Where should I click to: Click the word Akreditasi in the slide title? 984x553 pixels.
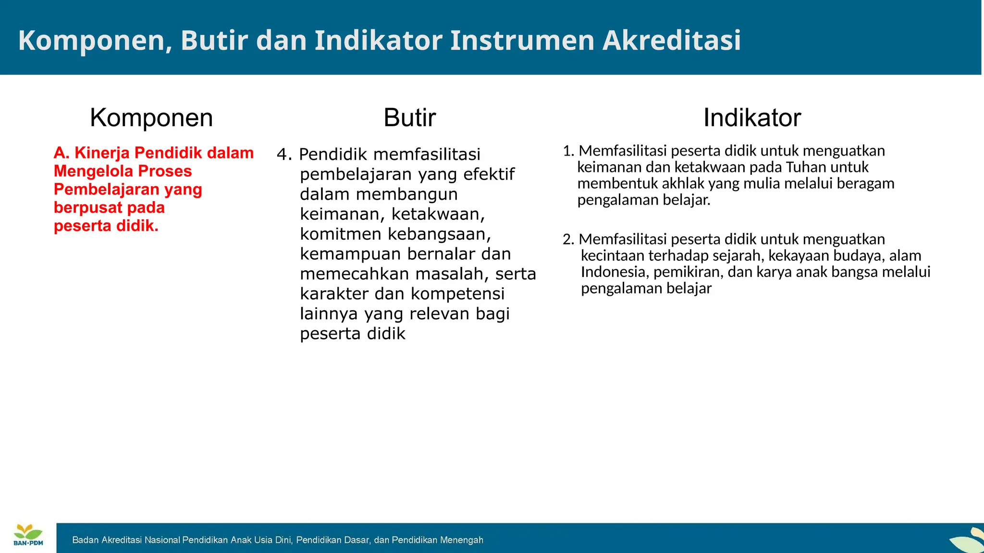tap(671, 40)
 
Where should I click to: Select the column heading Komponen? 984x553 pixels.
tap(151, 118)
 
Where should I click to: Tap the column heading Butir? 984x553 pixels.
tap(409, 118)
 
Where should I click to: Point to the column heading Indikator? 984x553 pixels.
tap(752, 118)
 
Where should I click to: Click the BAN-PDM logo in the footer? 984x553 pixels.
tap(28, 535)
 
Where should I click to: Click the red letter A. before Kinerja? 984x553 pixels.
tap(61, 153)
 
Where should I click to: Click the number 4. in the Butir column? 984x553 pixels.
tap(284, 155)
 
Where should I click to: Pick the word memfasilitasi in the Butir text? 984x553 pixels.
tap(427, 155)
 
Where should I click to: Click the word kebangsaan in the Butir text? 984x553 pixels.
tap(439, 234)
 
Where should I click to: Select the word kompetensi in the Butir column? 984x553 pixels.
tap(457, 293)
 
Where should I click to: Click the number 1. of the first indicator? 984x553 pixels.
tap(568, 151)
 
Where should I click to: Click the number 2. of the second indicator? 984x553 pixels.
tap(568, 240)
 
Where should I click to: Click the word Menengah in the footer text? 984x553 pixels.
tap(461, 540)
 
